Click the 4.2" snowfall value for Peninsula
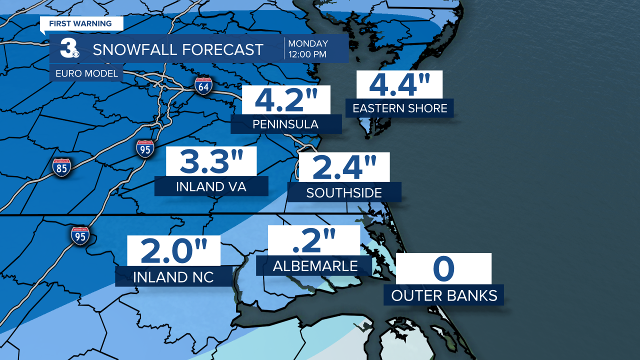coord(286,99)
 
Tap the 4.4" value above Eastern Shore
coord(399,84)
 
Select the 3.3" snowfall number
coord(211,161)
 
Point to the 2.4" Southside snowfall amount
coord(344,167)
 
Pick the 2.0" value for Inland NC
coord(173,251)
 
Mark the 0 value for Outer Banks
coord(443,269)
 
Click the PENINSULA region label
coord(286,123)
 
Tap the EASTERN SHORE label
coord(399,108)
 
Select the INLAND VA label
coord(211,186)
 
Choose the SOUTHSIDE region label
coord(344,192)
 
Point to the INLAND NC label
coord(173,276)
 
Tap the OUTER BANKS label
coord(444,295)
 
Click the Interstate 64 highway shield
coord(204,86)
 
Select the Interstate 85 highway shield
coord(61,167)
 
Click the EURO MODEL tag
coord(84,73)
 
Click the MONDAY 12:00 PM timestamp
coord(308,48)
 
